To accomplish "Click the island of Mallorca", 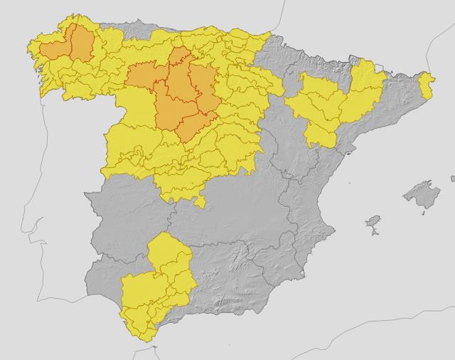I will (x=420, y=194).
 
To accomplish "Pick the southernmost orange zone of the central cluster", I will (x=192, y=128).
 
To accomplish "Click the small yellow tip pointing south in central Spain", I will (x=201, y=203).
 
